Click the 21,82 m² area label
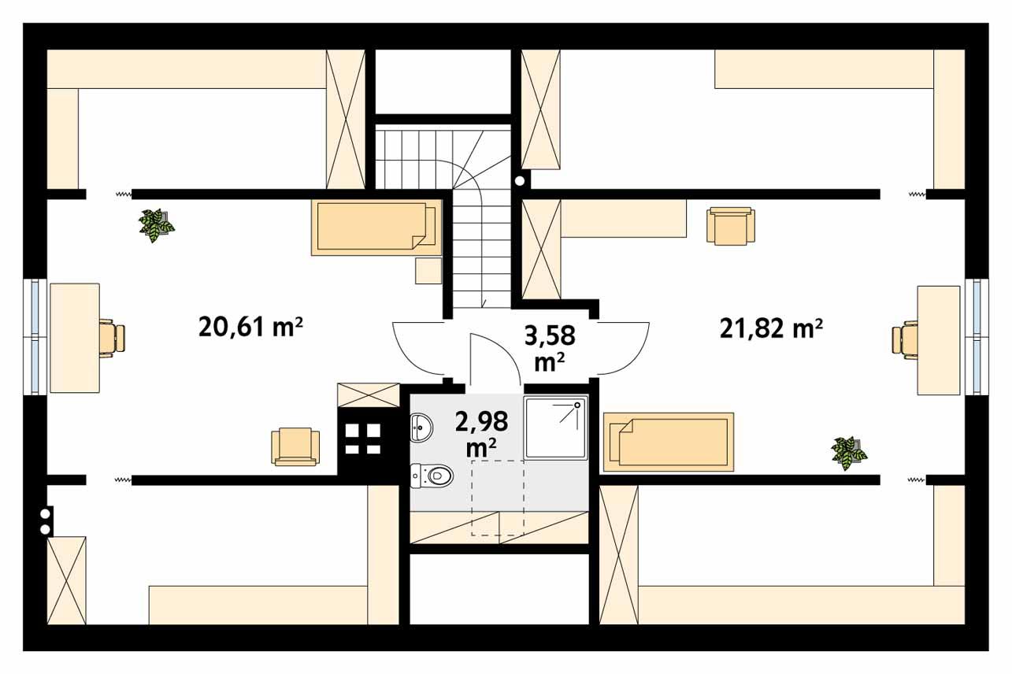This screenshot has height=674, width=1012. click(x=771, y=328)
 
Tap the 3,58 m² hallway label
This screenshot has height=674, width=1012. click(x=550, y=347)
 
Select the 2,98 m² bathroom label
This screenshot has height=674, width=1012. click(x=481, y=432)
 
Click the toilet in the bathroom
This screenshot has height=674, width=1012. click(x=432, y=474)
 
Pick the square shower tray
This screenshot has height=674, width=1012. click(x=556, y=427)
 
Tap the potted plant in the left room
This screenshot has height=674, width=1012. click(x=156, y=225)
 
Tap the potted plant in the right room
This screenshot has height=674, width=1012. click(x=848, y=452)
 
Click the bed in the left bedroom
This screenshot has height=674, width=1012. click(x=376, y=227)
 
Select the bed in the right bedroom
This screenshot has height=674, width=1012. click(x=668, y=442)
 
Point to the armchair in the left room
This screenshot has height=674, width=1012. click(x=295, y=446)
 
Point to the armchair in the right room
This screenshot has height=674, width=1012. click(x=731, y=226)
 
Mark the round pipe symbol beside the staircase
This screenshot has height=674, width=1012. click(x=520, y=180)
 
